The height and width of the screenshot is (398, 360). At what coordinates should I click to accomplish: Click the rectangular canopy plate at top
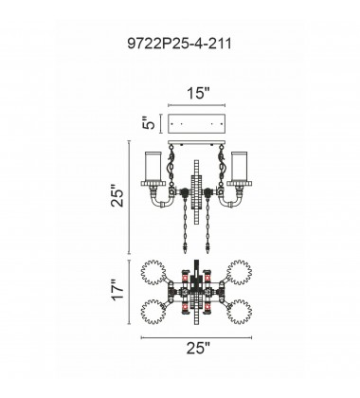(196, 124)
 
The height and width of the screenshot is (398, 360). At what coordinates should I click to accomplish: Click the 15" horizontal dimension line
(196, 105)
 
